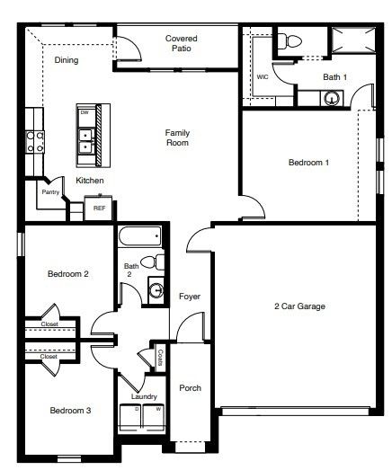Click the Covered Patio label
coord(181,44)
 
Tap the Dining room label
coord(67,61)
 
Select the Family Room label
coord(177,137)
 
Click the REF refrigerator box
coord(99,208)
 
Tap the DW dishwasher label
coord(85,113)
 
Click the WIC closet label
coord(263,77)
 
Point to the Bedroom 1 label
coord(307,163)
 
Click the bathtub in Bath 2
coord(139,237)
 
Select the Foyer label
coord(190,297)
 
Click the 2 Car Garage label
coord(299,306)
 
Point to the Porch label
coord(190,388)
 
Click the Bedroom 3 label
coord(69,411)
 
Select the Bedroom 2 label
coord(68,274)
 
